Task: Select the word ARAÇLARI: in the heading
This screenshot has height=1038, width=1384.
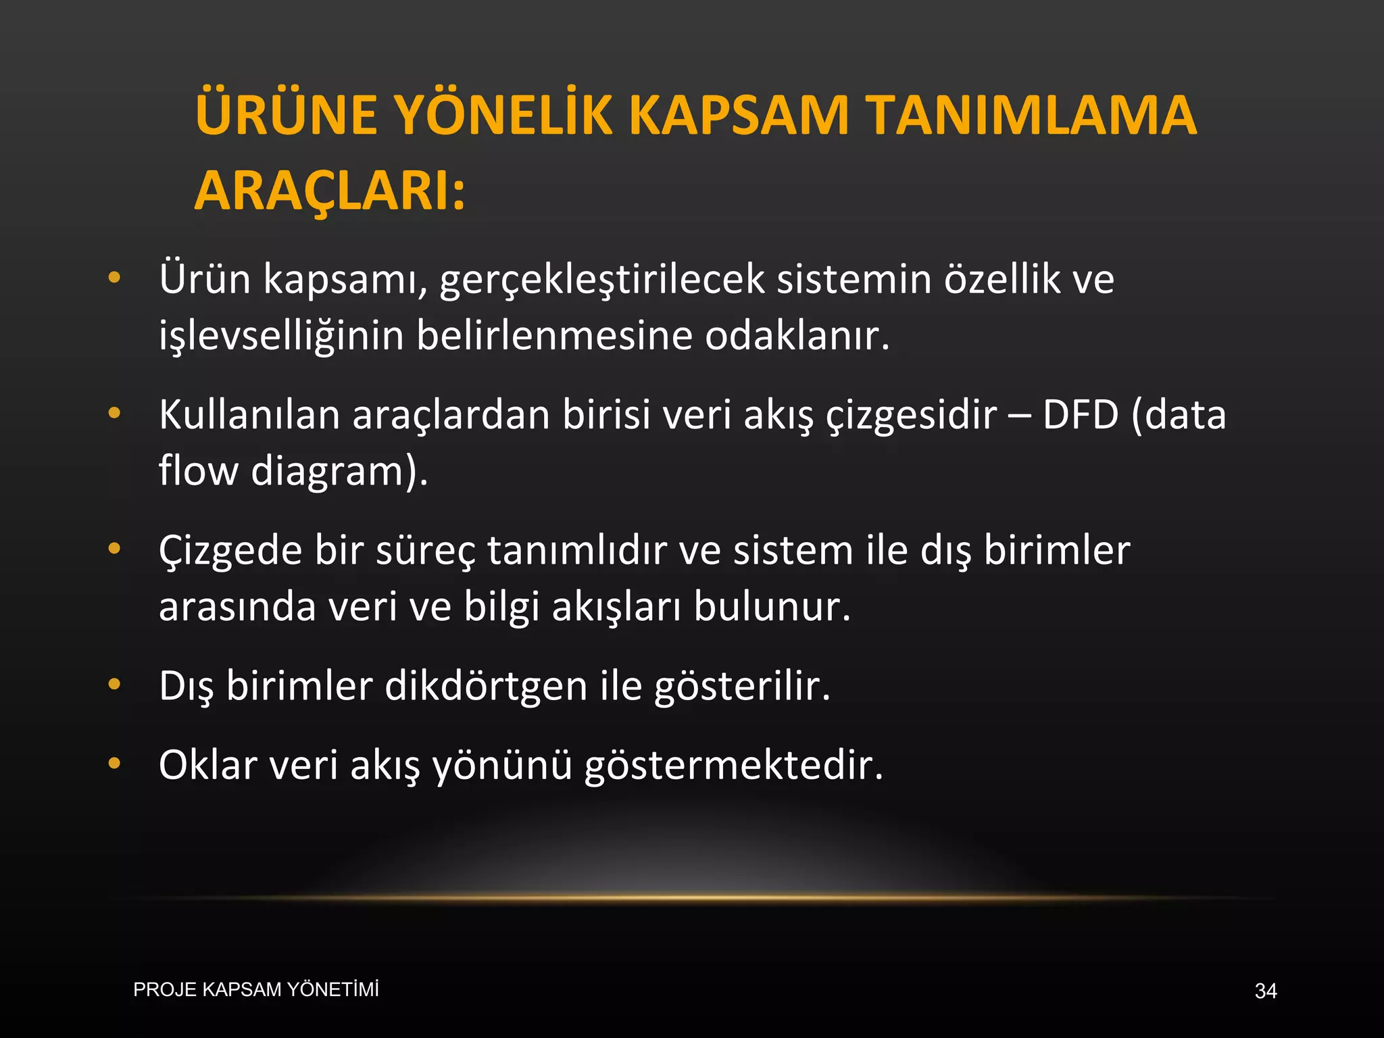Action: click(330, 191)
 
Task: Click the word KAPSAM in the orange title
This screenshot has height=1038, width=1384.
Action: click(738, 115)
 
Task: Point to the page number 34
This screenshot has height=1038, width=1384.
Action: click(1265, 991)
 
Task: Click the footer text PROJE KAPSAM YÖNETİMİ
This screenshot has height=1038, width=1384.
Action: click(256, 989)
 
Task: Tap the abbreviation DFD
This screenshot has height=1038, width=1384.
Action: click(1081, 414)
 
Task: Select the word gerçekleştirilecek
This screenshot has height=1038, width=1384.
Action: click(602, 278)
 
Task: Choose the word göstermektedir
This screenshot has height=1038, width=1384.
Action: click(733, 765)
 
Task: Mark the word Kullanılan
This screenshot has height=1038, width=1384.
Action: click(249, 414)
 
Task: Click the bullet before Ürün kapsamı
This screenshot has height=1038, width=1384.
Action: click(114, 277)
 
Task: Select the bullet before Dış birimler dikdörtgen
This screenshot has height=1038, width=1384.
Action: click(114, 684)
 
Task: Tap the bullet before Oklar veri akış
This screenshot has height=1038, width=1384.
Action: click(114, 764)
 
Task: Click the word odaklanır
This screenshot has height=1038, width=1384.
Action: click(797, 335)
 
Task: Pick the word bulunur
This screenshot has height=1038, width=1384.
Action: click(772, 607)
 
